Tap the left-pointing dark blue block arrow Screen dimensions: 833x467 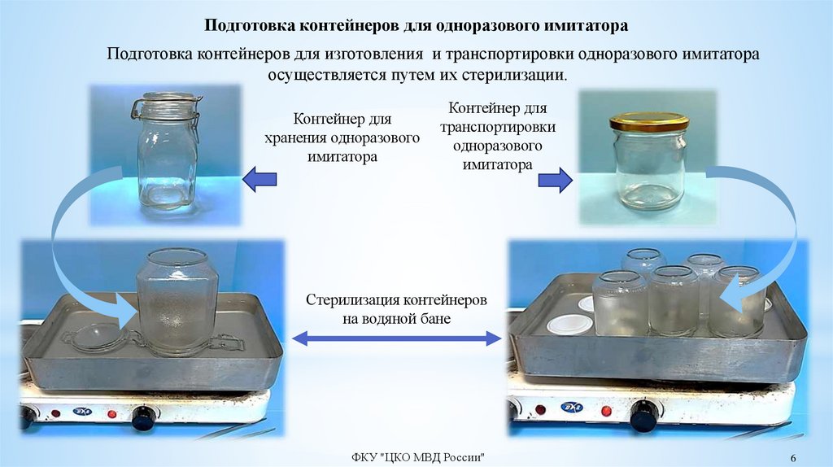(259, 178)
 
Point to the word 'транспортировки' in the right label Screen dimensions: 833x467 (498, 129)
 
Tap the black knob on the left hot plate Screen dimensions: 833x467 (143, 417)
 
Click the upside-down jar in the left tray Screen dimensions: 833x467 (177, 303)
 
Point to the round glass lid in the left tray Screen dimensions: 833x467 (97, 338)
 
